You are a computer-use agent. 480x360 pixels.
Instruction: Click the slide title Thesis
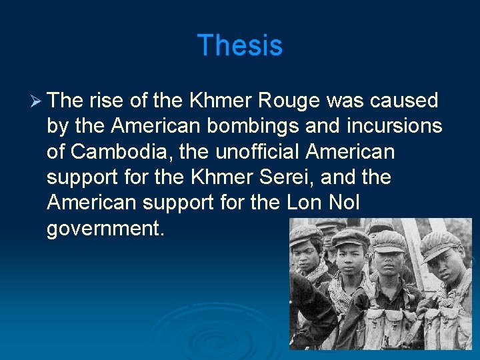(240, 45)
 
